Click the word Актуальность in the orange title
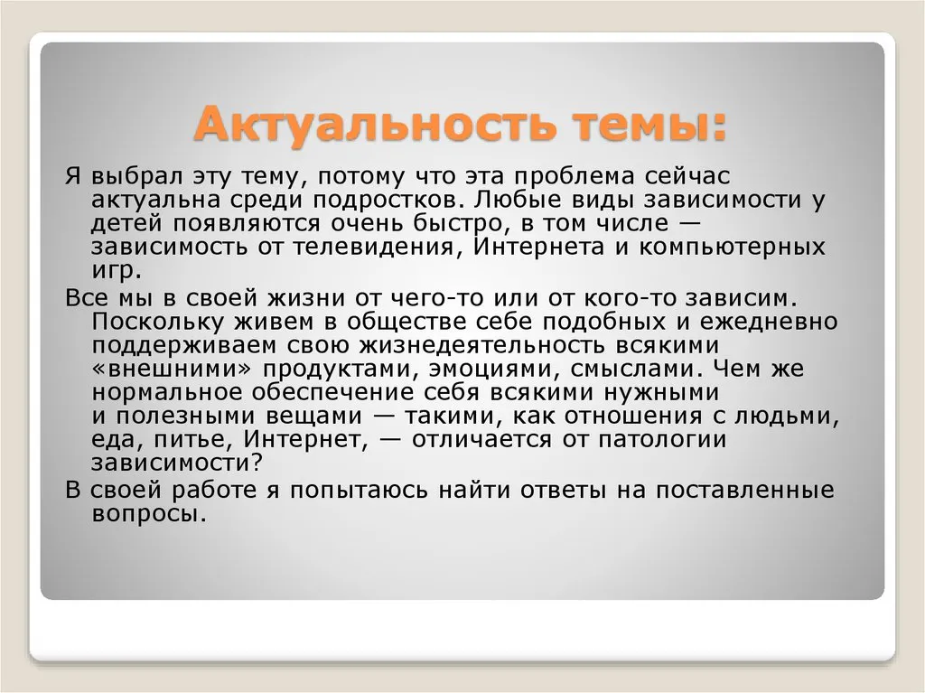click(375, 126)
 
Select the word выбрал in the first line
click(137, 176)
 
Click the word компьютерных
click(732, 247)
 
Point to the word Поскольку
click(158, 322)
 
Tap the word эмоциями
click(494, 369)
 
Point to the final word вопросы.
click(150, 514)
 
